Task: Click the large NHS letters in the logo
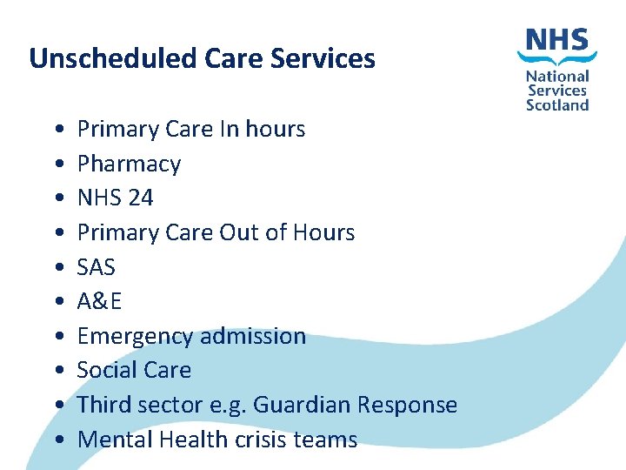(556, 41)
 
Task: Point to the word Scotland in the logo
(557, 105)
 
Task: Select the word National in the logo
(557, 77)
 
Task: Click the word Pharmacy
(129, 164)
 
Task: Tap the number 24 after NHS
(140, 198)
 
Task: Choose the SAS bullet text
(97, 267)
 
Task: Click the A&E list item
(99, 301)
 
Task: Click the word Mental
(109, 440)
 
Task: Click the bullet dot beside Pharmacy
(56, 164)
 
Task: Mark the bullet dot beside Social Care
(56, 371)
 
